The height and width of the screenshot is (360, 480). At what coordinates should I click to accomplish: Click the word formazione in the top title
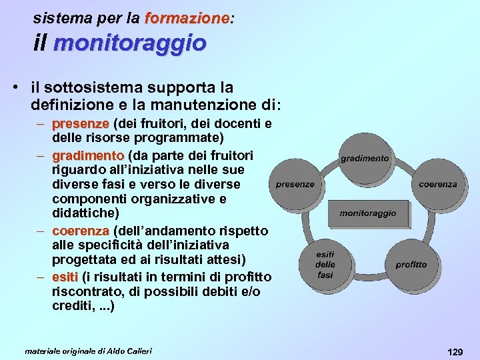pos(186,18)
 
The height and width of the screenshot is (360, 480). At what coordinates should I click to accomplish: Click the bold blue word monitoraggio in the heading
pos(130,43)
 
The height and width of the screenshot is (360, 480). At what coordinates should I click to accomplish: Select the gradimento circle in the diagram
pos(365,159)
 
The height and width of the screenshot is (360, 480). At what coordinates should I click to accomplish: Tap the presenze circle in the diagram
pos(295,184)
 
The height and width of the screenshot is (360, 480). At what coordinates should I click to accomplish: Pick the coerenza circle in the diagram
pos(438,184)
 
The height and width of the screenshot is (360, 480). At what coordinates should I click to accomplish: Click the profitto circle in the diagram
pos(411,265)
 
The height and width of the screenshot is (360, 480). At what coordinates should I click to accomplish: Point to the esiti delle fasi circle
pos(325,265)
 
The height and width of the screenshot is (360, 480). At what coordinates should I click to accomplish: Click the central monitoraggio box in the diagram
pos(367,213)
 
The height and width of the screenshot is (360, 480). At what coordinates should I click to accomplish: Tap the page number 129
pos(455,351)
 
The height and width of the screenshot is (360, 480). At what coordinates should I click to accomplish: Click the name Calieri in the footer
pos(138,351)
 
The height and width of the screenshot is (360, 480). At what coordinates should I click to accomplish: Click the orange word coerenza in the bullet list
pos(81,231)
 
